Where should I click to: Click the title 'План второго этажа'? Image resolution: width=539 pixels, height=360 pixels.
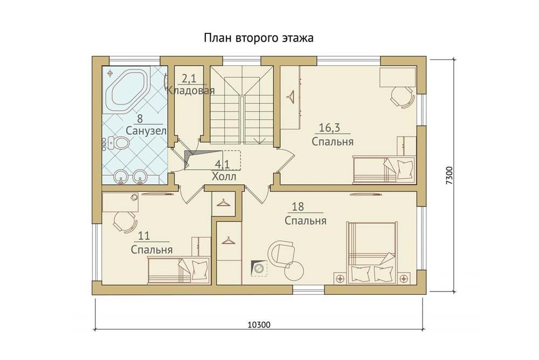click(x=259, y=38)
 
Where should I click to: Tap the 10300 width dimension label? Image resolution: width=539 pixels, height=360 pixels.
click(x=259, y=324)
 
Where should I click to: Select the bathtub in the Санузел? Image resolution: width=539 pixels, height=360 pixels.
click(x=127, y=91)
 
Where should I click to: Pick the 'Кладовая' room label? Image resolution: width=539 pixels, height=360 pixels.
click(x=191, y=91)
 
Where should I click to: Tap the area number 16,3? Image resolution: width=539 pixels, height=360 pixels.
click(x=330, y=128)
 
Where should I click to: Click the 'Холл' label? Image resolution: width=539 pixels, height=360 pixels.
click(x=224, y=177)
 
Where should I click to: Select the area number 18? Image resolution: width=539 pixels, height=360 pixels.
click(x=298, y=206)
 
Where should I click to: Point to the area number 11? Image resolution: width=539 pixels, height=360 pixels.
click(x=144, y=236)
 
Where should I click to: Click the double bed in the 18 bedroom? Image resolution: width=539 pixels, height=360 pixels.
click(x=371, y=253)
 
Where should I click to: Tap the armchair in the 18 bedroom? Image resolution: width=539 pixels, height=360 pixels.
click(x=281, y=254)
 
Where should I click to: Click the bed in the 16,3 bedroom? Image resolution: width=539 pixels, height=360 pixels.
click(x=384, y=169)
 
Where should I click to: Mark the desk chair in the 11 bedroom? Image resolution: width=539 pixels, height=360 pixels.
click(x=124, y=221)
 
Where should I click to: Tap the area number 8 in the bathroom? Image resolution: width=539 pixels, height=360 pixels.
click(x=140, y=119)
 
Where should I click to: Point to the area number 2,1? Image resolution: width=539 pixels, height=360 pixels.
click(x=188, y=79)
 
